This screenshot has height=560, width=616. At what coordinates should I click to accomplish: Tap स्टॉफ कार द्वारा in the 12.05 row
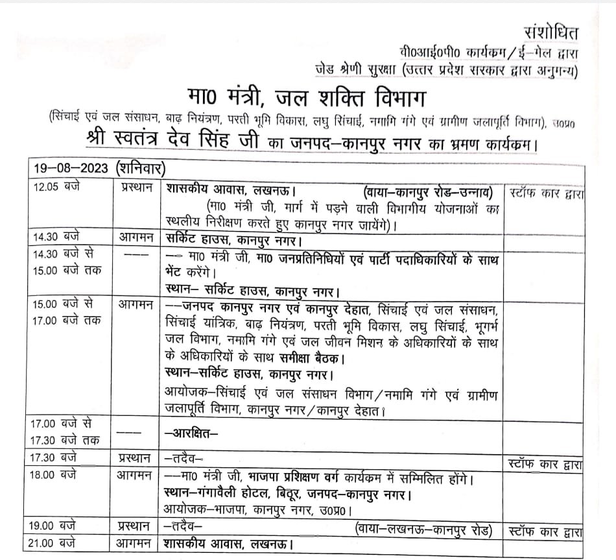[546, 193]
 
